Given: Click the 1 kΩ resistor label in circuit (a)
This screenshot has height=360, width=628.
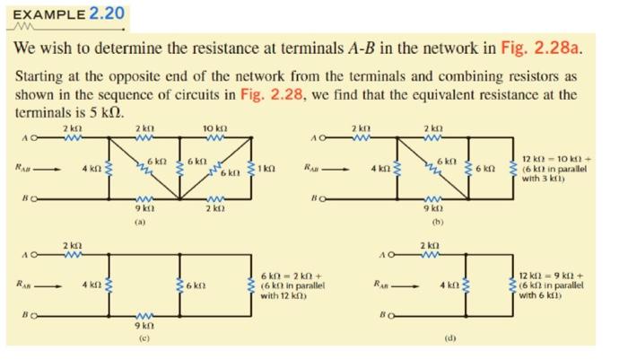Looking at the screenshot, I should coord(266,168).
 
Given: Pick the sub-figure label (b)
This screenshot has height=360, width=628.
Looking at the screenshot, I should coord(439,218).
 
